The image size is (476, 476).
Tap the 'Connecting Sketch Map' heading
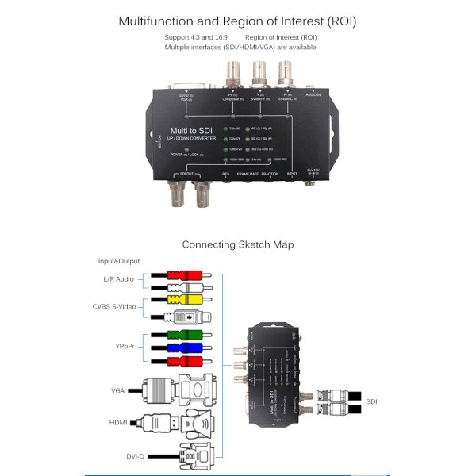(x=238, y=244)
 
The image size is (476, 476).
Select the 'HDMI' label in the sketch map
(x=118, y=423)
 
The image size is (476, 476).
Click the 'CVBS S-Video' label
(x=115, y=307)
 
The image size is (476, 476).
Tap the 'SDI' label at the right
(x=372, y=401)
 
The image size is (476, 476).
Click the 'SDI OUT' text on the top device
(x=188, y=172)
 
